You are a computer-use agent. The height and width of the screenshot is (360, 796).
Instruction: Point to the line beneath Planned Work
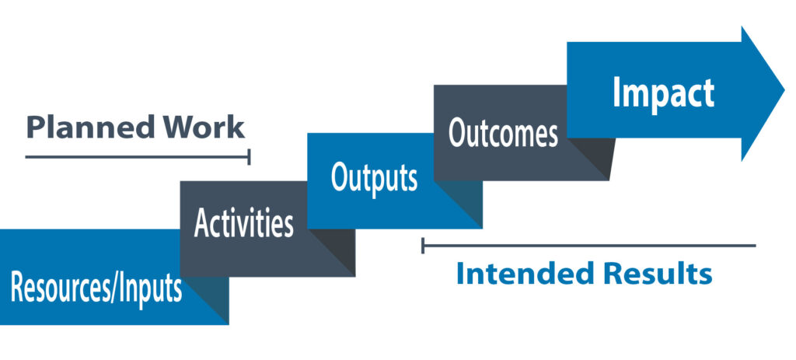click(x=138, y=157)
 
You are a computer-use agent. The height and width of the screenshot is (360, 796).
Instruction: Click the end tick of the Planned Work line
click(x=249, y=157)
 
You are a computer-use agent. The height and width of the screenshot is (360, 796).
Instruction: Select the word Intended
click(x=525, y=274)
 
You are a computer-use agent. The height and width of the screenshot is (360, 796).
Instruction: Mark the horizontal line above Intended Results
click(x=589, y=245)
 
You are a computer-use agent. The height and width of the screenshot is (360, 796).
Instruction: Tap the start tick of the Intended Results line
click(x=423, y=245)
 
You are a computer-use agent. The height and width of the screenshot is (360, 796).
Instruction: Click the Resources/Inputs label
click(x=96, y=288)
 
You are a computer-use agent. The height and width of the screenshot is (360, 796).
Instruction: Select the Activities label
click(x=243, y=223)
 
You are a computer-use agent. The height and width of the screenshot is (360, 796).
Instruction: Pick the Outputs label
click(x=374, y=177)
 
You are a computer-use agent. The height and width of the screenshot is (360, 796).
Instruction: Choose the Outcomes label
click(x=503, y=133)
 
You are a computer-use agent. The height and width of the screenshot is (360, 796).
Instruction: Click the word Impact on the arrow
click(x=664, y=93)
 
